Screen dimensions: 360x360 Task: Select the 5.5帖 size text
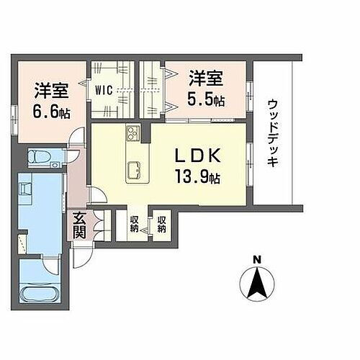pyautogui.click(x=207, y=100)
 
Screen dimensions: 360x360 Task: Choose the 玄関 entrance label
pyautogui.click(x=79, y=224)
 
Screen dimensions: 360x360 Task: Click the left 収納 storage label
pyautogui.click(x=135, y=224)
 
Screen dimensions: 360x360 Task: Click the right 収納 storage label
pyautogui.click(x=162, y=224)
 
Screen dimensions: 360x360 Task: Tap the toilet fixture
pyautogui.click(x=37, y=156)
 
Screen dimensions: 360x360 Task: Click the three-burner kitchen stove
pyautogui.click(x=134, y=133)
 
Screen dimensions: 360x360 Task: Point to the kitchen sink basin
pyautogui.click(x=135, y=170)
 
